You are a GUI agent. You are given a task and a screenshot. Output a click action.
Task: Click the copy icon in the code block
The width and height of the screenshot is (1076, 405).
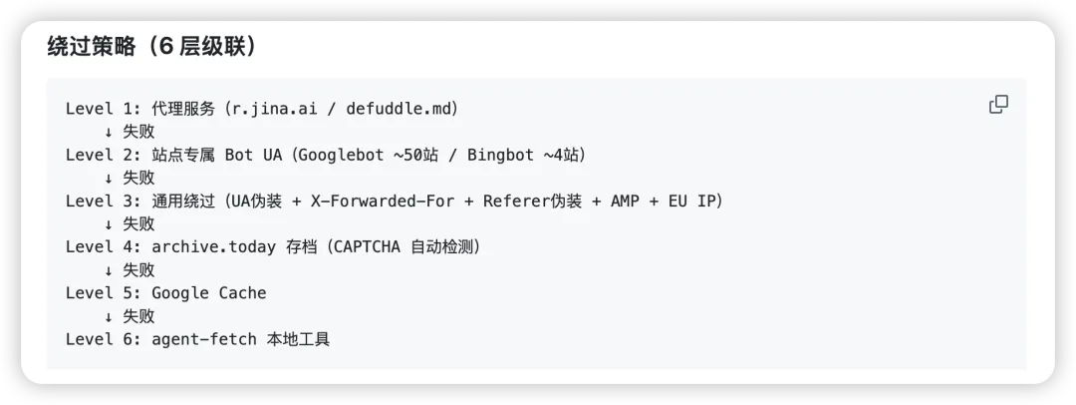(998, 105)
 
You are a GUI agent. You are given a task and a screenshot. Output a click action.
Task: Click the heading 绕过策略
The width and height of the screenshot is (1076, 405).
(92, 48)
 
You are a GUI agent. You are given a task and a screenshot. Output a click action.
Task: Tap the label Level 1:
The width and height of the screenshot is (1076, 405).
(103, 109)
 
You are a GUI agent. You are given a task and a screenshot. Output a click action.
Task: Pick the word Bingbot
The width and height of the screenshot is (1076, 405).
(500, 155)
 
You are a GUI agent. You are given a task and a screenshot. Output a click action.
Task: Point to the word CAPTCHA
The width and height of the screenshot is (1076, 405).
(364, 246)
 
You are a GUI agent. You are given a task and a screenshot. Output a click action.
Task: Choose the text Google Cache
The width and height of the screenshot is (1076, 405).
(208, 293)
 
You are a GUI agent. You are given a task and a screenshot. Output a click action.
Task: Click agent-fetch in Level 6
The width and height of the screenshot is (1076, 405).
(204, 339)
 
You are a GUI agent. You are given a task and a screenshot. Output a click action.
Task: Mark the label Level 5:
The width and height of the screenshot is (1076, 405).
(103, 293)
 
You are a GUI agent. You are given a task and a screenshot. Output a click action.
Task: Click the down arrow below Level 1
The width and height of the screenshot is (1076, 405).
(109, 132)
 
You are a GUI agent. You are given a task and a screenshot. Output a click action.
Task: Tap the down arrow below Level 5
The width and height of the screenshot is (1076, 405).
(109, 316)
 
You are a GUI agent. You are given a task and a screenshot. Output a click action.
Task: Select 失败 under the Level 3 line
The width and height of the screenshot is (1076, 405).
(138, 224)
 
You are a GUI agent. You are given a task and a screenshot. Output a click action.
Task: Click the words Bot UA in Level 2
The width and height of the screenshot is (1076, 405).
(253, 155)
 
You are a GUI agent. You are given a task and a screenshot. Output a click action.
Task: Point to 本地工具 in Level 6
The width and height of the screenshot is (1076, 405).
(299, 339)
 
